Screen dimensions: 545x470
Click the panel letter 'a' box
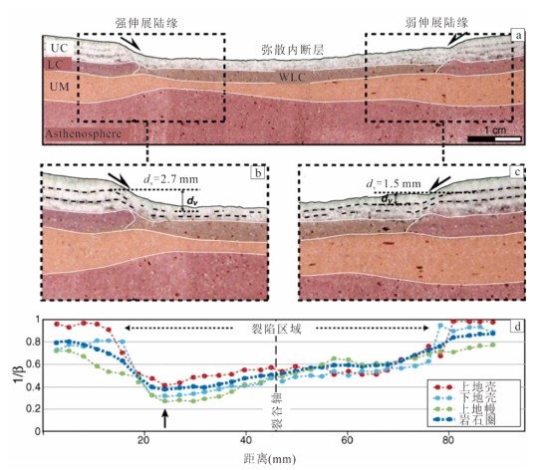518,35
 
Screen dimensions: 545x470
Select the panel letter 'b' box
258,172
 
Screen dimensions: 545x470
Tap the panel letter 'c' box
517,172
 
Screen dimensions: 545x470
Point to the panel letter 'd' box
517,327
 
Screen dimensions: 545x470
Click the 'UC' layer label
60,48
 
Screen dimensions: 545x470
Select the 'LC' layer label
56,65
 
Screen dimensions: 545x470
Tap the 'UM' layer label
60,87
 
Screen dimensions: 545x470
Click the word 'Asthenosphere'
84,133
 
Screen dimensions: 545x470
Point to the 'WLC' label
292,77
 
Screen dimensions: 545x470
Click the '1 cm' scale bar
494,139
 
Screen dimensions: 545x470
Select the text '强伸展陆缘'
146,23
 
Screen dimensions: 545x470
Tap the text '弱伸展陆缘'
436,23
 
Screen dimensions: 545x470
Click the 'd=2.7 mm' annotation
170,179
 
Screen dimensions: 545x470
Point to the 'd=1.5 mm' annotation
394,184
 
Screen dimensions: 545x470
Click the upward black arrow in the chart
165,418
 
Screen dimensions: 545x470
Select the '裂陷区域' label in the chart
276,329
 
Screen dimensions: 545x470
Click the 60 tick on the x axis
347,440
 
